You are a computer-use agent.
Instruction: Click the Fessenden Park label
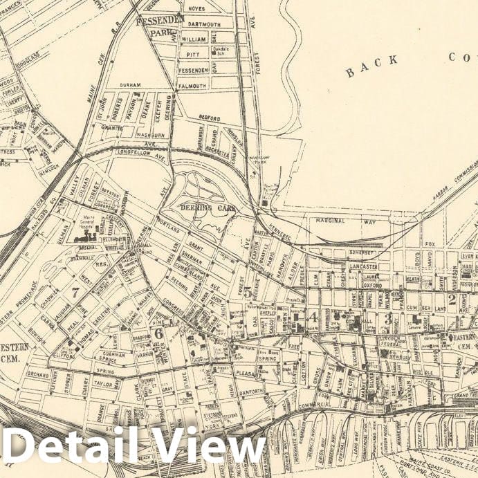click(159, 26)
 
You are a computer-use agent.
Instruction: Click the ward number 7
click(75, 292)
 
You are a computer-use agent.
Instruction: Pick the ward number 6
click(158, 333)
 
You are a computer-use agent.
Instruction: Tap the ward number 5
click(248, 292)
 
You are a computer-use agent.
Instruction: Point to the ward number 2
click(452, 299)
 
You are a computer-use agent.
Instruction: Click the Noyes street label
click(196, 8)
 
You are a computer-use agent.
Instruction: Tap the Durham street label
click(129, 85)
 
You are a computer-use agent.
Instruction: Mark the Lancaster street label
click(363, 266)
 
